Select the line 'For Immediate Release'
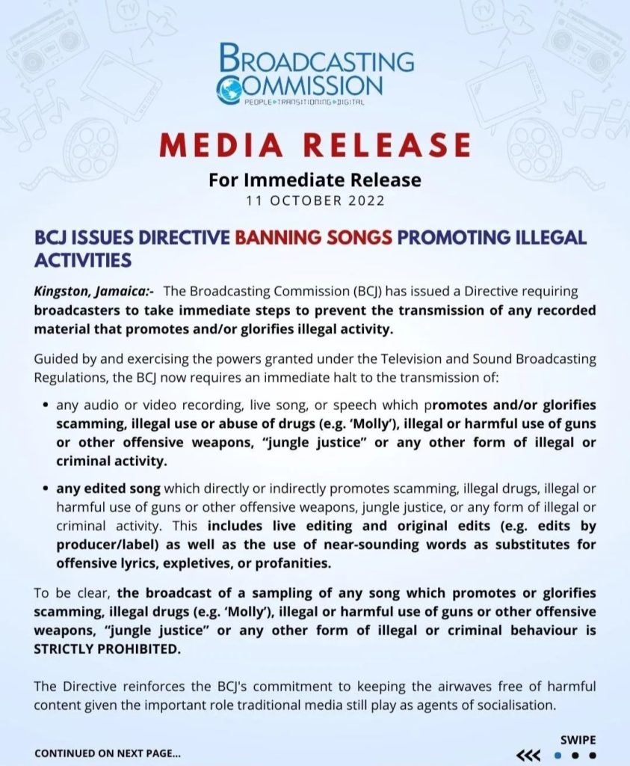(315, 180)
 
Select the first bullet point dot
(47, 406)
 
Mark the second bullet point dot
(47, 489)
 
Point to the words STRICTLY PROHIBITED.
(108, 649)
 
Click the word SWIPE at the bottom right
(578, 740)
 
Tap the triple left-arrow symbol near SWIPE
(528, 755)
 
